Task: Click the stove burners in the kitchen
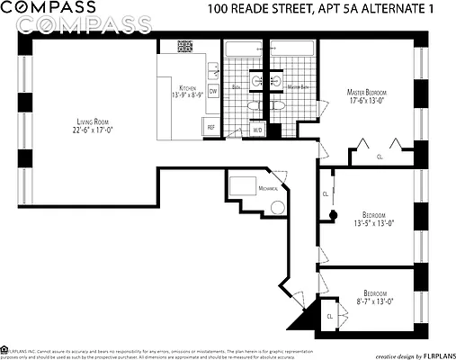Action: (185, 46)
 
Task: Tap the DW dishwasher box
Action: (213, 92)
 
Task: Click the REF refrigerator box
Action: (211, 127)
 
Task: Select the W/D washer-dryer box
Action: (256, 130)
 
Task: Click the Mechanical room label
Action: (268, 189)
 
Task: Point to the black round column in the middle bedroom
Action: (332, 215)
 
